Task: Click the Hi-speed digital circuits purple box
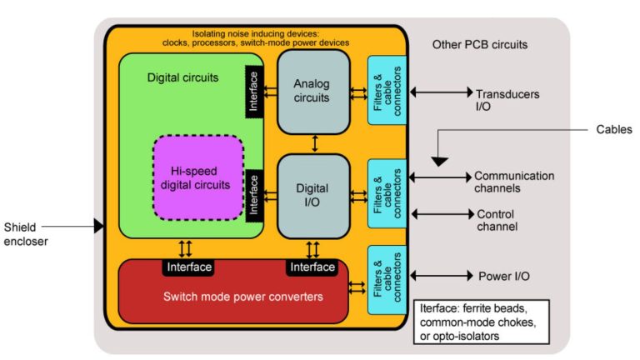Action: (198, 177)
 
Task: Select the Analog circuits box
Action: (312, 91)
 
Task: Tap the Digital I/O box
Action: (312, 195)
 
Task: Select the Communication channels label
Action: (513, 182)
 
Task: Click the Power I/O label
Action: (503, 276)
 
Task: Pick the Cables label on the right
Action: (614, 129)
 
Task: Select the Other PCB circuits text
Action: (480, 43)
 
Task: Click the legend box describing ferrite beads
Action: (482, 322)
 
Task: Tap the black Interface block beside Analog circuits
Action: (253, 92)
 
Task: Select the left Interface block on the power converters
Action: (187, 267)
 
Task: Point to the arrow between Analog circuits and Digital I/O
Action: (314, 143)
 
